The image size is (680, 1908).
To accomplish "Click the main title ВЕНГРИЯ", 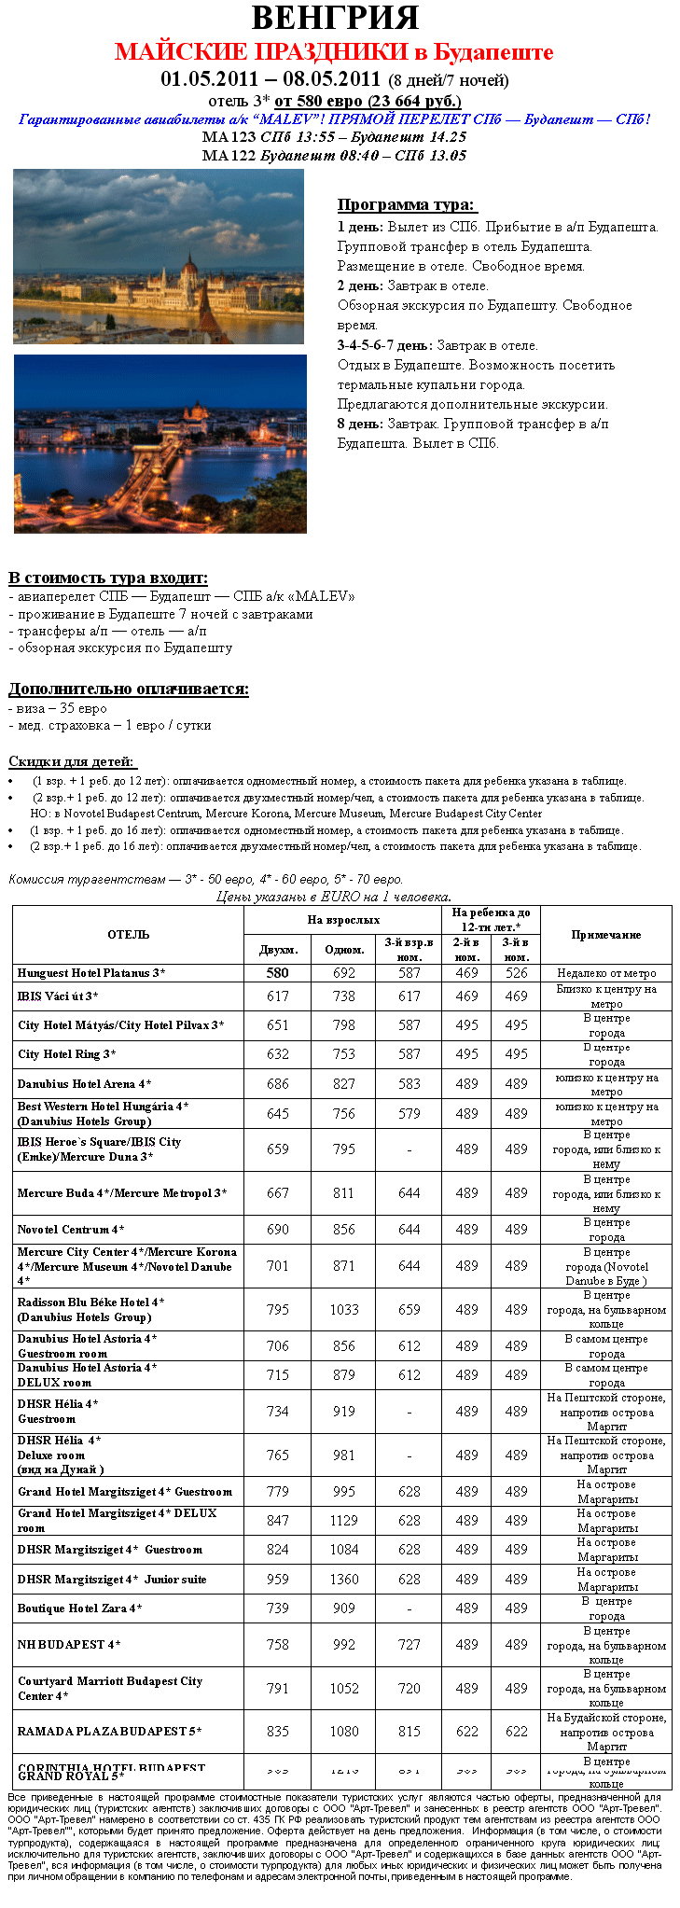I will point(335,18).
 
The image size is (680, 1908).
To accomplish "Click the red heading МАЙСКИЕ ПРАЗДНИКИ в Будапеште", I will point(334,51).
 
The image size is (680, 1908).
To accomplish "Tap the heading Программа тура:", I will point(406,205).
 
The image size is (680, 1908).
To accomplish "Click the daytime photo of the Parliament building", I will point(159,256).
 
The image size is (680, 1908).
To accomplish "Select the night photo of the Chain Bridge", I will point(160,443).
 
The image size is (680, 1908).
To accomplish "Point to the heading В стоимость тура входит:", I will point(108,578).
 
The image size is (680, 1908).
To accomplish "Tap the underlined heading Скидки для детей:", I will point(72,761).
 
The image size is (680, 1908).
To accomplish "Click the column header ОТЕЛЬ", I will point(128,934).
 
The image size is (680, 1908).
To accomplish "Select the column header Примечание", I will point(606,934).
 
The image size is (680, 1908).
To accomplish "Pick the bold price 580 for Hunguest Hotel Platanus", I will point(277,972).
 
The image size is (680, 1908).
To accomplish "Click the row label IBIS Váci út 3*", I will point(58,996).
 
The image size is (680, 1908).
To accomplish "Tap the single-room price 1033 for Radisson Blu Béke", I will point(344,1309).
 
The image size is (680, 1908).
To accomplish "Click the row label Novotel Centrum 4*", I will point(71,1230).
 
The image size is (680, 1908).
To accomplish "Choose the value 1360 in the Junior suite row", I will point(344,1580).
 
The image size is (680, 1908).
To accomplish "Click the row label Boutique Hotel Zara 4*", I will point(80,1609).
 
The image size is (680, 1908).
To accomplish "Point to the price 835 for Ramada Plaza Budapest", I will point(277,1731).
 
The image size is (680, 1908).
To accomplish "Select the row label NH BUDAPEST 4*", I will point(69,1645).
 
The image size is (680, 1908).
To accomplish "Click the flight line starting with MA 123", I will point(334,137).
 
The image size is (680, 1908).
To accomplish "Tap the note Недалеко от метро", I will point(606,973).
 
